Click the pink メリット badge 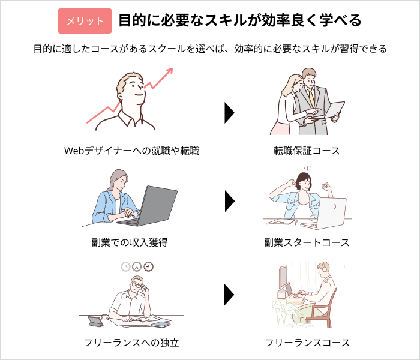coord(85,21)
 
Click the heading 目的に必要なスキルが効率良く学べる coord(240,20)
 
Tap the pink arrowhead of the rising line coord(170,71)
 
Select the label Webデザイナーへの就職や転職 coord(131,151)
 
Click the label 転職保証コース coord(307,151)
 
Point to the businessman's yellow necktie coord(311,97)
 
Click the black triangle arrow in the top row coord(230,113)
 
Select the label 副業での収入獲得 coord(130,242)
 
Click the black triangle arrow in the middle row coord(230,201)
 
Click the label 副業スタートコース coord(307,242)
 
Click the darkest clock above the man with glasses coord(148,266)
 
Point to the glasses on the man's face coord(137,285)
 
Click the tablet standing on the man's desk coord(95,322)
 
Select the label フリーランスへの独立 coord(131,343)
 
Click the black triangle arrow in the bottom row coord(230,295)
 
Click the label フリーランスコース coord(307,343)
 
